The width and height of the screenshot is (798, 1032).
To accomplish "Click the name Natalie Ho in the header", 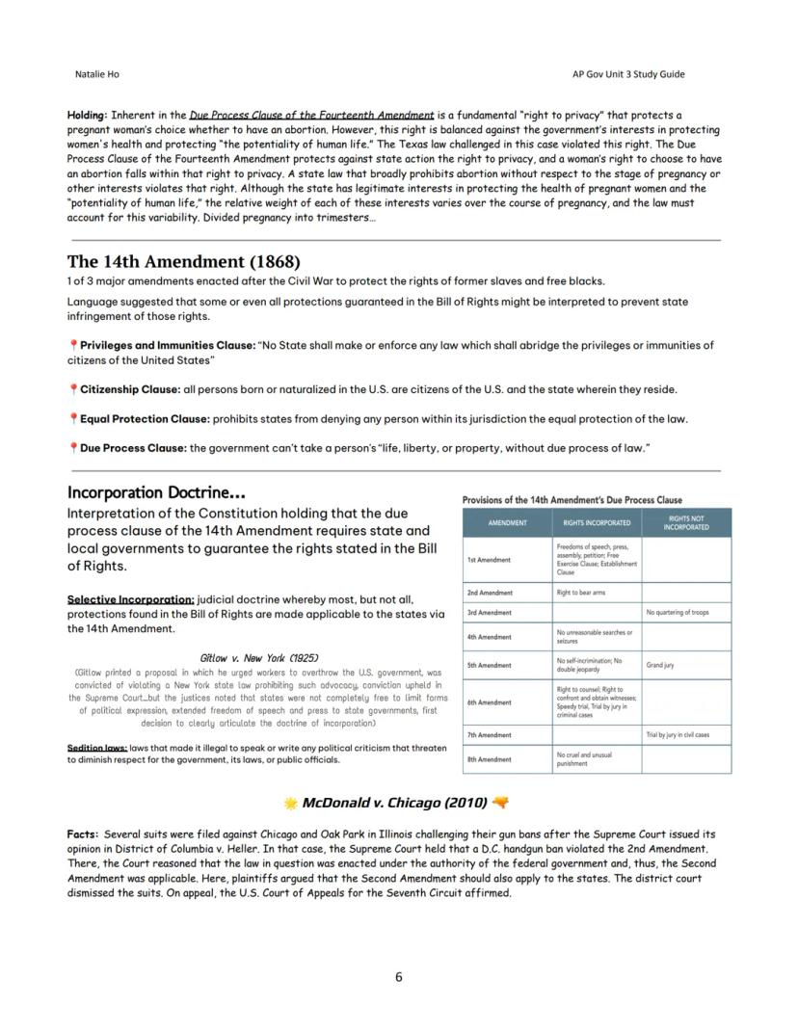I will [x=97, y=74].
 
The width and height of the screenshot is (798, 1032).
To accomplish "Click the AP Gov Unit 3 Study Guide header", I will [x=627, y=74].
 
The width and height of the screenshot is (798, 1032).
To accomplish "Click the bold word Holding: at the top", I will [x=87, y=116].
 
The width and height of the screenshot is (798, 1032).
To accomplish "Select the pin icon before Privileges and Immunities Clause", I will [x=73, y=345].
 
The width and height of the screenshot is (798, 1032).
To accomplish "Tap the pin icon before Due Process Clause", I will [x=73, y=448].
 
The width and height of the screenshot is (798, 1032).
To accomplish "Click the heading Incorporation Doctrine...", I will [x=155, y=492].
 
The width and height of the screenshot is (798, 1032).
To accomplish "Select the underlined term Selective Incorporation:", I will [x=130, y=598].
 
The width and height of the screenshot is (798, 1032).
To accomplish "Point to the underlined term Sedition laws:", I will [x=96, y=748].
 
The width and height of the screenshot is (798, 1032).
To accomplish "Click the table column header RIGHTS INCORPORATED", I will [x=597, y=523].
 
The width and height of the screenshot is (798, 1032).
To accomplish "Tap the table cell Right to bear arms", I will [x=582, y=593].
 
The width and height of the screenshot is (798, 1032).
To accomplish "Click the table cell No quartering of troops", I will [x=678, y=613].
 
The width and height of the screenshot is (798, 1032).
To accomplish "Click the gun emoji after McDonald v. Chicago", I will [x=500, y=803].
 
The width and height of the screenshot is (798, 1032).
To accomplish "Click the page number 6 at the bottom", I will [x=399, y=977].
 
